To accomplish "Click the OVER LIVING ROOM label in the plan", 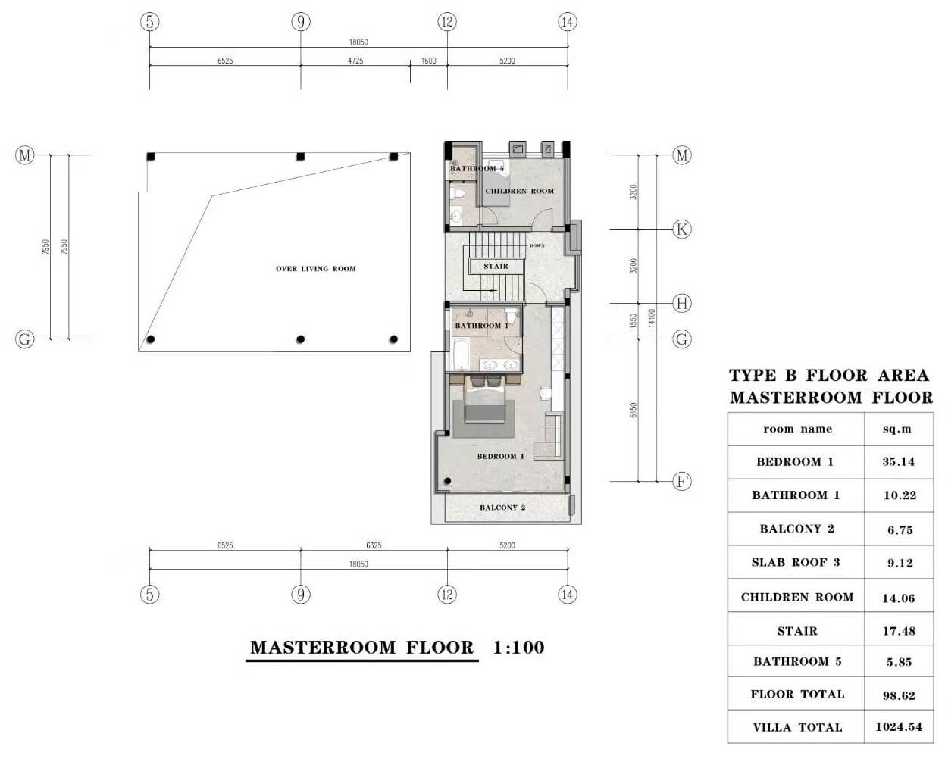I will click(x=315, y=269).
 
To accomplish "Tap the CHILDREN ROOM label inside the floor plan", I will click(x=519, y=192).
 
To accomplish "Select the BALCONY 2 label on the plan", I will click(x=502, y=508).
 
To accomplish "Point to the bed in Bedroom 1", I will click(x=484, y=401).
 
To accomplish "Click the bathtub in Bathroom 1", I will click(x=461, y=355).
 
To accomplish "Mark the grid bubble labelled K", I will click(x=682, y=230).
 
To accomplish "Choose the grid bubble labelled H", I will click(x=682, y=304).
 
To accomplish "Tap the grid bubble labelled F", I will click(x=682, y=482).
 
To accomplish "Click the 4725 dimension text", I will click(x=355, y=61).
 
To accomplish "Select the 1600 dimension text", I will click(x=429, y=61).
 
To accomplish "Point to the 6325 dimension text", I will click(x=374, y=545).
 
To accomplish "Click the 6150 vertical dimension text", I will click(x=634, y=410).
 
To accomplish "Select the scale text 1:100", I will click(x=518, y=648).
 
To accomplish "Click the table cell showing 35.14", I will click(x=899, y=462).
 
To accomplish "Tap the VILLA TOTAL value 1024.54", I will click(x=899, y=727).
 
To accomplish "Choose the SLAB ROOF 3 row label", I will click(x=796, y=563).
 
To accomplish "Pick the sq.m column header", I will click(x=897, y=429).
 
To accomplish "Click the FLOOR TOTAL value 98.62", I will click(x=899, y=695).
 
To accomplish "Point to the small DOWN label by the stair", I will click(x=537, y=246).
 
